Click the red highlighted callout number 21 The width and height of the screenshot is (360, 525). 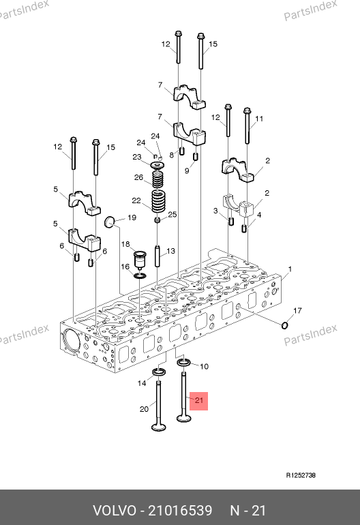coord(199,400)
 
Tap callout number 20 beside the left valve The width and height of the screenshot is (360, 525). coord(144,409)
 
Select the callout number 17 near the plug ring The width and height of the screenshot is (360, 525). coord(297,311)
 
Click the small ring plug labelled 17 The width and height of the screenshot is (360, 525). coord(284,325)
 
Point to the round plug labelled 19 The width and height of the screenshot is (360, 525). coord(110,222)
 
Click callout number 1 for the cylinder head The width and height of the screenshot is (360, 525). coord(290,269)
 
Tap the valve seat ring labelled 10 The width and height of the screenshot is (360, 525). coord(183,362)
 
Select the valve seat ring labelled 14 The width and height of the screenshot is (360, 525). coord(160,372)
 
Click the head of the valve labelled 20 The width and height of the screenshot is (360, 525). coord(158,427)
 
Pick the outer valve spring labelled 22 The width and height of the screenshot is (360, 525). coord(158,201)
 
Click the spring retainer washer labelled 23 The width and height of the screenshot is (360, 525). coord(157,165)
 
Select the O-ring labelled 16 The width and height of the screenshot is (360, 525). coord(140,275)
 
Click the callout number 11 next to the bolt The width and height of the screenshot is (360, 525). coord(259,119)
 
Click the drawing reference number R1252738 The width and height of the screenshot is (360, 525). coord(301,475)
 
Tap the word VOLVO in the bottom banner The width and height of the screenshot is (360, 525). coord(115,511)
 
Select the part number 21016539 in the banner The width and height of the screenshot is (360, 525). coord(180,511)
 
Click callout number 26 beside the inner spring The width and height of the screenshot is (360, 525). coord(138,177)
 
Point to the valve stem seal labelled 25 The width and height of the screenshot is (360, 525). coord(157,220)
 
